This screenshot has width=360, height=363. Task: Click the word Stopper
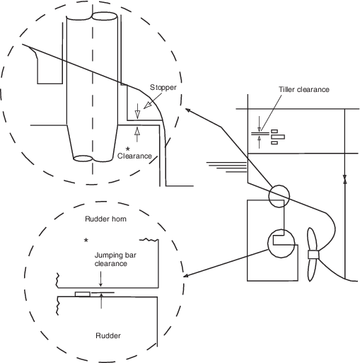coord(163,88)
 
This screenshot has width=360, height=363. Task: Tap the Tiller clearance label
coord(304,89)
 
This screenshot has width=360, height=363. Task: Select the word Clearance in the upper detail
coord(134,156)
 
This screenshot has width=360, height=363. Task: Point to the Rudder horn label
coord(105,219)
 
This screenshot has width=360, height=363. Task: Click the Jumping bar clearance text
coord(115,259)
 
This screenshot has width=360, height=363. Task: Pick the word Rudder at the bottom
coord(108,335)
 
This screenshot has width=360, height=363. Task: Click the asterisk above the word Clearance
coord(128,149)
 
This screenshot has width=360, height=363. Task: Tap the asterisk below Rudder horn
coord(86,240)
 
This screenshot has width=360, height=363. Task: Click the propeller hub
coord(313,255)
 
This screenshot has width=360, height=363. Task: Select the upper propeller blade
coord(312,239)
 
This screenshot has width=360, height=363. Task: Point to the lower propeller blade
coord(312,270)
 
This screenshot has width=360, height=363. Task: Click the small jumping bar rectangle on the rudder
coord(83,294)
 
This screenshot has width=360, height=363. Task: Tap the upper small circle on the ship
coord(279,196)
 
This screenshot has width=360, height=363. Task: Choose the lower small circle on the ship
coord(281,243)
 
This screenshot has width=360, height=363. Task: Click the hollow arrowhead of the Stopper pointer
coord(148,105)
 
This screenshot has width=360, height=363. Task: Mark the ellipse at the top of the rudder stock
coord(104,16)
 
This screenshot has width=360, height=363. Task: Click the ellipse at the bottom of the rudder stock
coord(83,159)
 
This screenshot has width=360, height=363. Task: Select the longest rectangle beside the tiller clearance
coord(277,137)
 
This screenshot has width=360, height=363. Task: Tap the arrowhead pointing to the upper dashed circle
coord(188,110)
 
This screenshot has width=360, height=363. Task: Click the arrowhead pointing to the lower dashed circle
coord(186,275)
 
